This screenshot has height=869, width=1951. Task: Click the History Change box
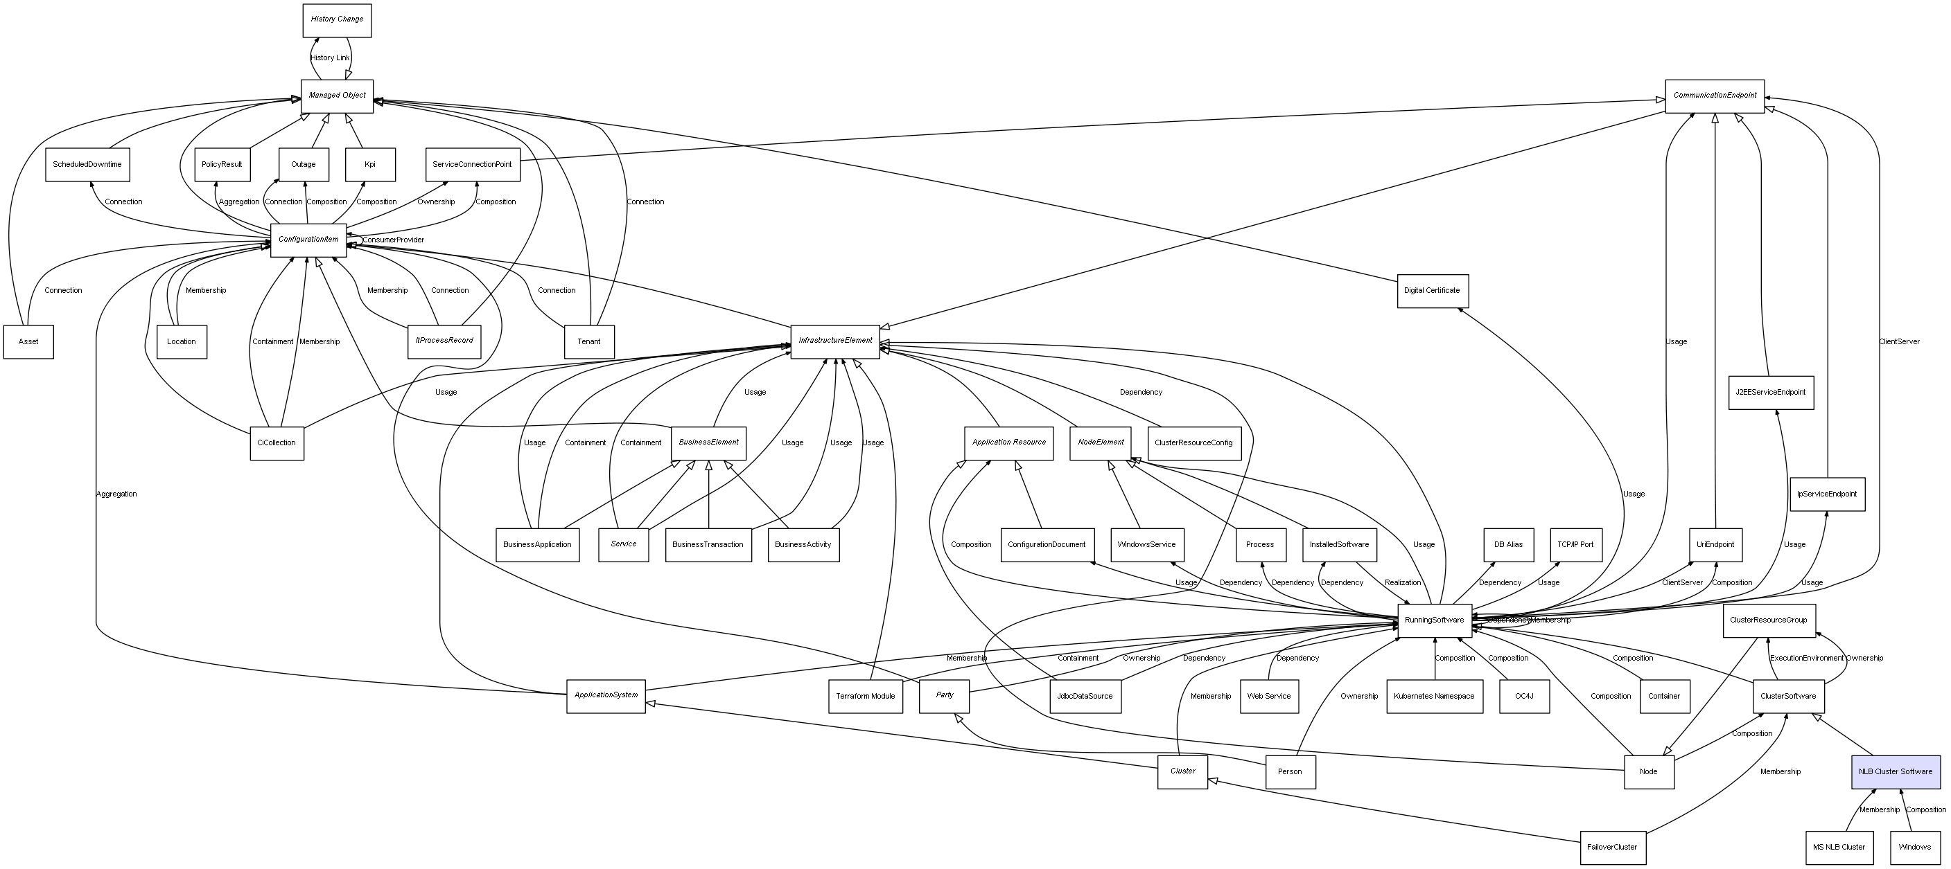pos(336,19)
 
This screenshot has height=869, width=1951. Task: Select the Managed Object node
pos(337,96)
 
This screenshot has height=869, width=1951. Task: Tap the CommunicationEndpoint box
pos(1714,96)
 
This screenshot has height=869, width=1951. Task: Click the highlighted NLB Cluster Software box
pos(1895,771)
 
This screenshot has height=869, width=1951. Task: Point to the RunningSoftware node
pos(1434,620)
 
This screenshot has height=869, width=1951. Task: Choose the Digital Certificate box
pos(1432,291)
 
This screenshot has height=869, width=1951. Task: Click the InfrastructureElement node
pos(834,341)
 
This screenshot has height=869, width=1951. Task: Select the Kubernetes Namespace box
pos(1434,697)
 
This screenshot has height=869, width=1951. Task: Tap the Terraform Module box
pos(865,697)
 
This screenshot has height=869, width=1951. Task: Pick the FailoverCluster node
pos(1611,847)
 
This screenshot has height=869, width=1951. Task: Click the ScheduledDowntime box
pos(87,164)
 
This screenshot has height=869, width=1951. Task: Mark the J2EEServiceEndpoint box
pos(1770,392)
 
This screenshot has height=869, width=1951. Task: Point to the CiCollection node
pos(277,443)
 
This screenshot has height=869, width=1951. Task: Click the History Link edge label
pos(329,57)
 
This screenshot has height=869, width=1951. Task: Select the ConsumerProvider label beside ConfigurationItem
pos(393,240)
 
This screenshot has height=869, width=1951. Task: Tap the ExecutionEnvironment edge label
pos(1806,658)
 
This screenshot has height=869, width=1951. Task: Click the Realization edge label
pos(1403,582)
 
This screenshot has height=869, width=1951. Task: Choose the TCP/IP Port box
pos(1575,544)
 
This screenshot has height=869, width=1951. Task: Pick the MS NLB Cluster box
pos(1838,847)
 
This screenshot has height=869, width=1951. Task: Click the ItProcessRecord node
pos(444,341)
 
